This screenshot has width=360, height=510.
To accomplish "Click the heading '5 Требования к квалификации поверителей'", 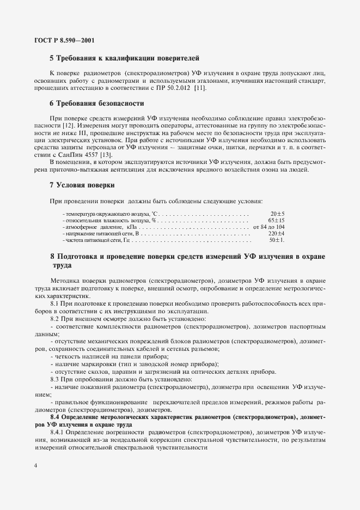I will tap(124, 57).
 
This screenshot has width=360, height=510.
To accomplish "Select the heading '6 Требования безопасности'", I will tap(96, 103).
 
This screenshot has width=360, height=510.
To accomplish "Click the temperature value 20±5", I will tap(278, 214).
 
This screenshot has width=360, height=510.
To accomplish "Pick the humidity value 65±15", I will tap(277, 220).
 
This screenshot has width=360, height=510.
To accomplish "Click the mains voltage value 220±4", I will tap(277, 233).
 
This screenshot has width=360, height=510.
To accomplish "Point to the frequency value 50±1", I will tap(277, 240).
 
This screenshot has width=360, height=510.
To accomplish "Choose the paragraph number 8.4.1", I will tap(57, 432).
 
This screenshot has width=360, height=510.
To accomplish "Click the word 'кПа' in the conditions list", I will tap(132, 227).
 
